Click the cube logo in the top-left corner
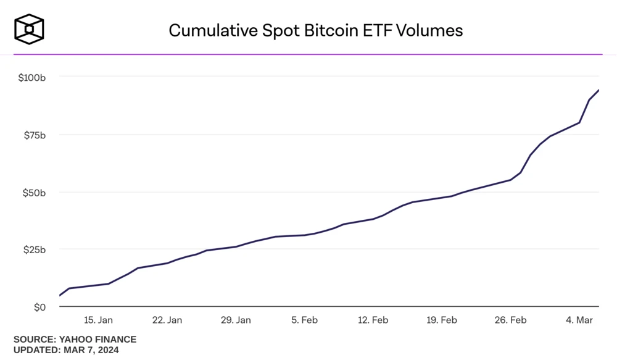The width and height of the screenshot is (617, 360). pos(29,29)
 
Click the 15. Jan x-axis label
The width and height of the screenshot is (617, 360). pos(99,320)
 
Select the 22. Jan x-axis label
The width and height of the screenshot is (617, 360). pos(167,320)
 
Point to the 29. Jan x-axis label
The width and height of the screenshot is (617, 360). pos(236,320)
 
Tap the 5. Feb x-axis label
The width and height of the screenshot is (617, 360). pos(305,320)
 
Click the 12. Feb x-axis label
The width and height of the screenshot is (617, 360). pos(373,320)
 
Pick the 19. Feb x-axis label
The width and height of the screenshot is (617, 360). pos(442,320)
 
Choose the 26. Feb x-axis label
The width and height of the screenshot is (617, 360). pos(511,320)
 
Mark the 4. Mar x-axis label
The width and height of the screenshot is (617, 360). pos(579,320)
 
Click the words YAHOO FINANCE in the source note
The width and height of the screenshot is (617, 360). pos(97,340)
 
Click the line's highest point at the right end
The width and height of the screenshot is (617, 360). pos(598,90)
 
